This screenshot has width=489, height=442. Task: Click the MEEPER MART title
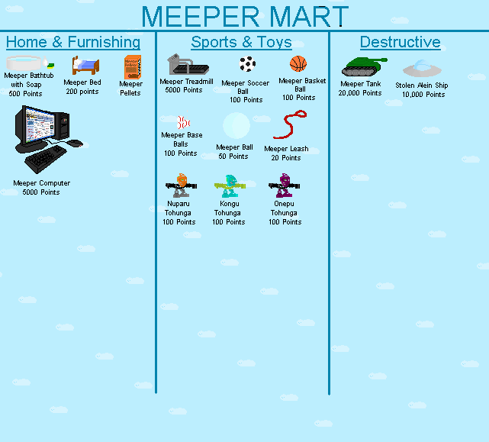(245, 16)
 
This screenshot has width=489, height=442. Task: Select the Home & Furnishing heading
(73, 42)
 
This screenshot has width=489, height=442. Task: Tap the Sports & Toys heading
(241, 42)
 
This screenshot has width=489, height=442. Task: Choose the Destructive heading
(400, 42)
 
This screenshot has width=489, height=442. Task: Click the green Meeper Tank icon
(362, 66)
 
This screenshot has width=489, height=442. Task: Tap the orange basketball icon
(298, 64)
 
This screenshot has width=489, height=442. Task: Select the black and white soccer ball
(247, 64)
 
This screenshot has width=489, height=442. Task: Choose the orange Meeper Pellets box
(132, 67)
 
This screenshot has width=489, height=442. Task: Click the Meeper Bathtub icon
(27, 62)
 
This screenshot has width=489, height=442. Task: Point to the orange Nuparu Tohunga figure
(181, 186)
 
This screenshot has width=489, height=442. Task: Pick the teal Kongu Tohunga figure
(230, 186)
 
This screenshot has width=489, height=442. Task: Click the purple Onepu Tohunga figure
(285, 186)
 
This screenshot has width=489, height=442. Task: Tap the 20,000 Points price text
(360, 93)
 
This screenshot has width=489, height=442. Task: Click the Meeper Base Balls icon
(183, 122)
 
